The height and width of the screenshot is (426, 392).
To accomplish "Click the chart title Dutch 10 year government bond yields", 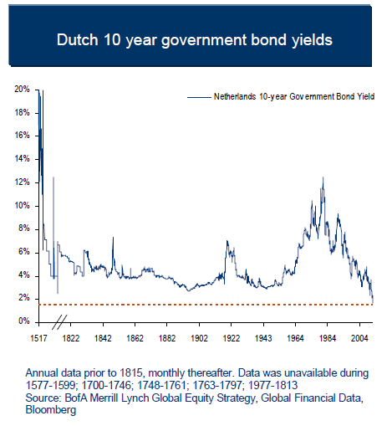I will tap(196, 39).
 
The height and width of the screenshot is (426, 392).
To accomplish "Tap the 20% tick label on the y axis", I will tap(23, 89).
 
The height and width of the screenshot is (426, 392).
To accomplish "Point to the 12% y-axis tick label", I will tap(23, 182).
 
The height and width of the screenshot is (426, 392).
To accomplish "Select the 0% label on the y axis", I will tap(25, 321).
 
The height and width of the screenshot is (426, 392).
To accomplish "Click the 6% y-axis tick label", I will tap(25, 252).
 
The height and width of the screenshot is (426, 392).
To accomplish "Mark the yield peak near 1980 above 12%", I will tap(323, 178).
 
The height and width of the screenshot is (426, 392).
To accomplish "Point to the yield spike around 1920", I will tap(227, 242).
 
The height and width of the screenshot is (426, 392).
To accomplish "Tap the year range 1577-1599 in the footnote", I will tap(52, 382).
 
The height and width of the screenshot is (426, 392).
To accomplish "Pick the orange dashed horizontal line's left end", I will tap(40, 304).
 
